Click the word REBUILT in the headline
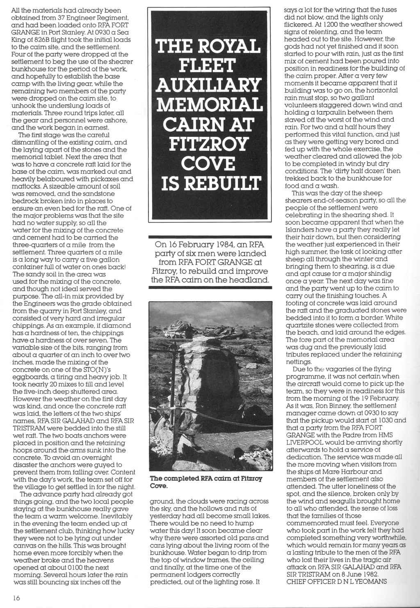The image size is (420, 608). pos(221,183)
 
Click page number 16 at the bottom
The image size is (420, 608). pos(16,598)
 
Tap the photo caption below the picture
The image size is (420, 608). pos(206,482)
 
